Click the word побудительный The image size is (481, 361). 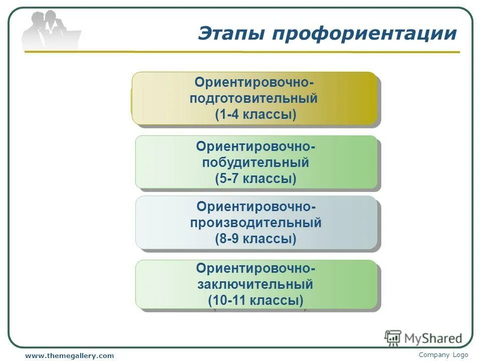[256, 163]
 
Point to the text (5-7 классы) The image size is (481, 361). [256, 178]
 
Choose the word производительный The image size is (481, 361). [256, 223]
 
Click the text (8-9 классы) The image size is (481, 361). [256, 239]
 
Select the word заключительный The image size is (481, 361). [256, 285]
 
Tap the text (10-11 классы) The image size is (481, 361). [256, 301]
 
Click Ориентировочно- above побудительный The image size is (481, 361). [256, 146]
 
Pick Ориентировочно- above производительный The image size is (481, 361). [256, 207]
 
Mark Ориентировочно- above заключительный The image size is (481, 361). [256, 269]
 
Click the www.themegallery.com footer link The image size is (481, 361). [70, 355]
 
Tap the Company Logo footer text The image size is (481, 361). [443, 354]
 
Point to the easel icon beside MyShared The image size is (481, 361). [393, 338]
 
